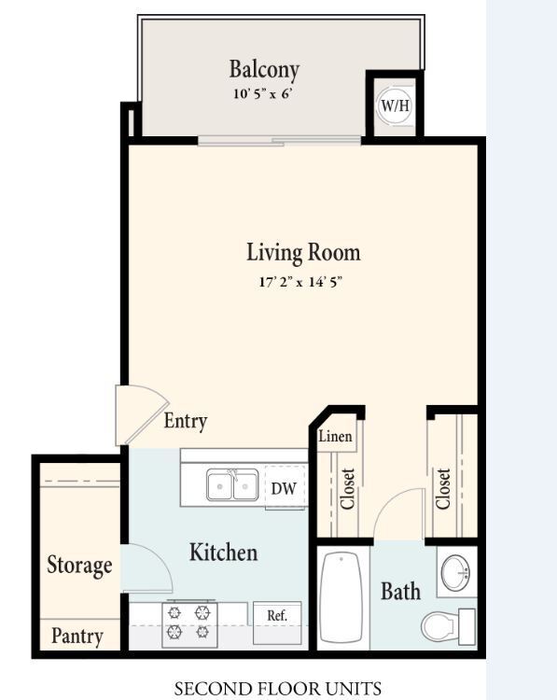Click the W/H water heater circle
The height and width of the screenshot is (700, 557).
395,105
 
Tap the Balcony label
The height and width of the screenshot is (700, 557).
264,70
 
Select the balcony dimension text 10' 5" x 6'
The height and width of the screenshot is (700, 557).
263,93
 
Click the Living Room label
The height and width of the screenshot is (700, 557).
303,252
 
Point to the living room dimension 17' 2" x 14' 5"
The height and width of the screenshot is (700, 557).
300,282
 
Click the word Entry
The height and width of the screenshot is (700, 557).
186,421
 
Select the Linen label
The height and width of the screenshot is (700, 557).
335,436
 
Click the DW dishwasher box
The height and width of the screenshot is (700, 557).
285,487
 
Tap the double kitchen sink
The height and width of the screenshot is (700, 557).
232,484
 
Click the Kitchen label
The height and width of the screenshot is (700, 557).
224,553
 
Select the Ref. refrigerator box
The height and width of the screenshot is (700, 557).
277,623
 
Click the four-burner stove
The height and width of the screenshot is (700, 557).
189,623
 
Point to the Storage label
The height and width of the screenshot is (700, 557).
79,566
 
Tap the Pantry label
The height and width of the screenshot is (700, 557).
77,636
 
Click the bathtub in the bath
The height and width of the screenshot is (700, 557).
341,597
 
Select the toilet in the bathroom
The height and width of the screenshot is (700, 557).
448,626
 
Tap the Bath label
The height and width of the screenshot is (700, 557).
401,592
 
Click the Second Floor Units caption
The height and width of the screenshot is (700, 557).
278,689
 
